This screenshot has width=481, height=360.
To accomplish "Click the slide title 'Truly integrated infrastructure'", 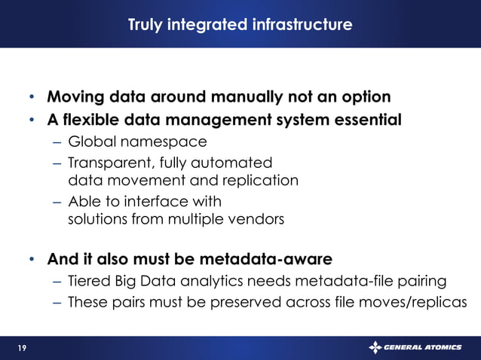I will click(240, 26).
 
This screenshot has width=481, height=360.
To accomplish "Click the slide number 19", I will click(23, 347).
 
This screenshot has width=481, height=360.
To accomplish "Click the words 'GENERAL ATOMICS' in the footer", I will click(423, 347).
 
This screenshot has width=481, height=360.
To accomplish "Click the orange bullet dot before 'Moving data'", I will click(32, 98).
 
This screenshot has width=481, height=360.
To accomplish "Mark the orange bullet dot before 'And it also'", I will click(32, 261).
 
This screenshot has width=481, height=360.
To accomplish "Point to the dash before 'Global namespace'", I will click(58, 141).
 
